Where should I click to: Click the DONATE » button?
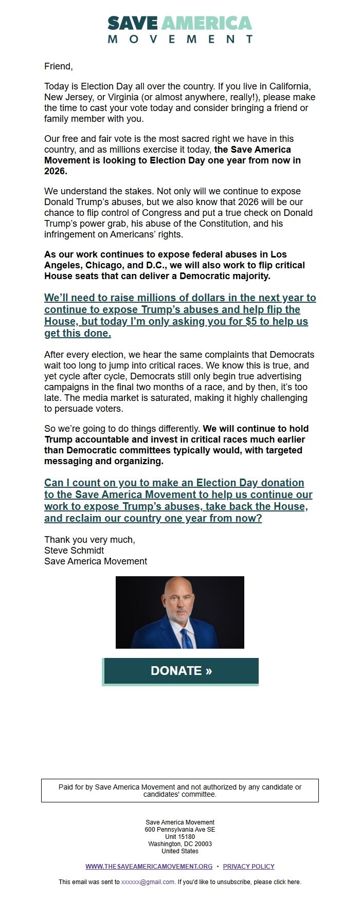pos(181,671)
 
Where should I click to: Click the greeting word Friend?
pos(58,66)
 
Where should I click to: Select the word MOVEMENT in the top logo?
pos(180,39)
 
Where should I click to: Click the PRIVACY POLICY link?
pos(249,866)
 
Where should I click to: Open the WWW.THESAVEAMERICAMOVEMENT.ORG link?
pos(149,866)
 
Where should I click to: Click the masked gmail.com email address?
pos(148,882)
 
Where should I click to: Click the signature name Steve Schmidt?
pos(74,551)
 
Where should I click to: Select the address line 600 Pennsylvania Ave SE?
pos(180,829)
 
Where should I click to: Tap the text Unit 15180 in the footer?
pos(180,836)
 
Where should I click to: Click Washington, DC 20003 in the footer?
pos(180,844)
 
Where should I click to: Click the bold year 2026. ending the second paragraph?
pos(56,171)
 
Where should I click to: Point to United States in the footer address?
pos(180,851)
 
